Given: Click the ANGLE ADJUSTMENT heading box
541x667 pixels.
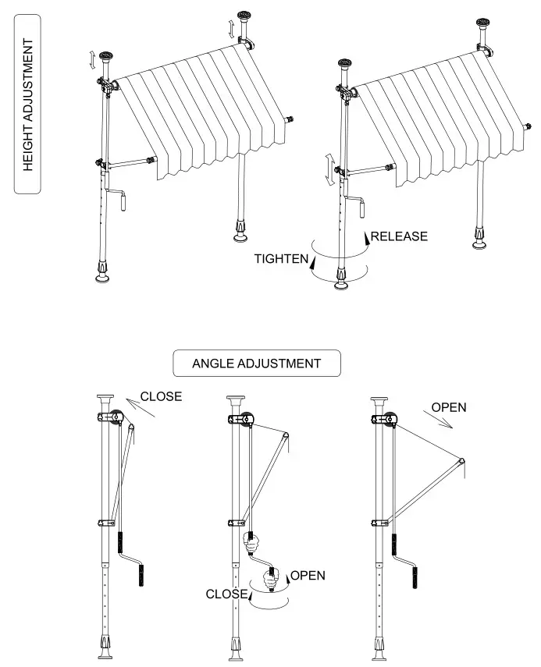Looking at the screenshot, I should (257, 363).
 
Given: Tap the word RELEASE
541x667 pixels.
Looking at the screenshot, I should (399, 236).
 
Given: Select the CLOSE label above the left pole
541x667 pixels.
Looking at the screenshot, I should (161, 396).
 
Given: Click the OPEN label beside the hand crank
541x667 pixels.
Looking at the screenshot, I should (308, 576).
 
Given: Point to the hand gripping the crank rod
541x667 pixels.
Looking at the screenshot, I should (252, 543).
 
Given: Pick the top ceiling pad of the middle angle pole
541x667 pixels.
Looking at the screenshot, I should (237, 400).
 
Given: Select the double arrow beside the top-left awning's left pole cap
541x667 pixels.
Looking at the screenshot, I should (94, 59).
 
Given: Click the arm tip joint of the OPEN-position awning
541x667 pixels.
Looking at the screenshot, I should (462, 461).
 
